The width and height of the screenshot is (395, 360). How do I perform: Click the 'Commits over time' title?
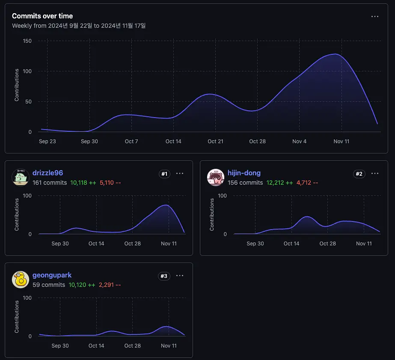point(42,16)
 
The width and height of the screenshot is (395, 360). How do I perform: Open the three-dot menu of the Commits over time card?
point(374,16)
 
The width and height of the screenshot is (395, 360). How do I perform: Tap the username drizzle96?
point(48,173)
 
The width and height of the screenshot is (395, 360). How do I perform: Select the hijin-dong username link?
point(244,173)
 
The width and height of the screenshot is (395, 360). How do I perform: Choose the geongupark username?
point(52,275)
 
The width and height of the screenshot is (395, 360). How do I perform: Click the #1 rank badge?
point(164,174)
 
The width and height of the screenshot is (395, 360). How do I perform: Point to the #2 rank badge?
point(359,174)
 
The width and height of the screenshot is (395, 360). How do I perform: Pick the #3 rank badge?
point(164,276)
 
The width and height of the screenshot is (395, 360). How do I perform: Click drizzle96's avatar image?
point(21,177)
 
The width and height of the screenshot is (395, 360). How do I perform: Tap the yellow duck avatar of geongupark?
point(21,280)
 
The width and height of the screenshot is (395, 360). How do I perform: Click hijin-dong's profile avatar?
point(216,177)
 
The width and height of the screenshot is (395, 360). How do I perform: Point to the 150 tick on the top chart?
point(27,41)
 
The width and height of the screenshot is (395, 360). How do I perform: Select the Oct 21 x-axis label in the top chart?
point(215,142)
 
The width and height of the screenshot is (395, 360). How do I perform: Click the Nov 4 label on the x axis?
point(299,142)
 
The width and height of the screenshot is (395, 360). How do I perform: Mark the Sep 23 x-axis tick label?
point(48,142)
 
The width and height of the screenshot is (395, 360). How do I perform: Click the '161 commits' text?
point(50,183)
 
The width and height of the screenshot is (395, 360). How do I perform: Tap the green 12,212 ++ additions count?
point(279,183)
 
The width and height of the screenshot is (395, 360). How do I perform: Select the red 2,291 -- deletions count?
point(110,285)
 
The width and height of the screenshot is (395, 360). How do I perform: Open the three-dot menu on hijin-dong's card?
point(374,174)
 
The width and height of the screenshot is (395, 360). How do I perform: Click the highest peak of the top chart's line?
point(335,54)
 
